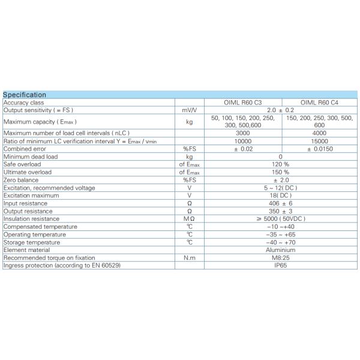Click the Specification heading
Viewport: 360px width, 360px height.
(25, 95)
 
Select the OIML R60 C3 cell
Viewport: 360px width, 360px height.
(243, 103)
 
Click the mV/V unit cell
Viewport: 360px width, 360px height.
(189, 110)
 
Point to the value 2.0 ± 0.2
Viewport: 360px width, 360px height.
(281, 110)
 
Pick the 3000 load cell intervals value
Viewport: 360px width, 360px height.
(243, 133)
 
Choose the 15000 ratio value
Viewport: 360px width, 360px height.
(320, 140)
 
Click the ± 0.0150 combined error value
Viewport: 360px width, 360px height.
(320, 148)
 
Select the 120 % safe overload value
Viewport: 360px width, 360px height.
(281, 164)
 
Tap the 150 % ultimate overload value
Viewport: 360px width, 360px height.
(281, 172)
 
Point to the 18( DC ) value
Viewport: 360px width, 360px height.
(281, 195)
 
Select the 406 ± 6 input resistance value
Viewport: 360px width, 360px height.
(281, 203)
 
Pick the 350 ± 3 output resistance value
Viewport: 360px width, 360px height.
(281, 211)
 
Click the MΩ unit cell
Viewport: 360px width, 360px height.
(189, 218)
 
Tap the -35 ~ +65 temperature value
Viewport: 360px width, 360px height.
(281, 234)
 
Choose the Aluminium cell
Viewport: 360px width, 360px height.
(281, 250)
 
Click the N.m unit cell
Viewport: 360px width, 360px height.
(189, 257)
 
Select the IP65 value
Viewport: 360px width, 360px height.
(281, 265)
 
